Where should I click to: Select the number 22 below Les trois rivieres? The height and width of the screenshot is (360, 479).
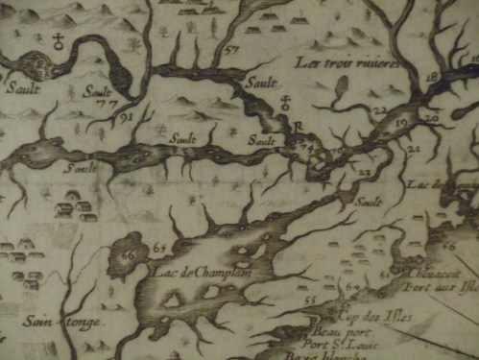[379, 111]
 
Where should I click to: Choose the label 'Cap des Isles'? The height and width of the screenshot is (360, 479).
[362, 314]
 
